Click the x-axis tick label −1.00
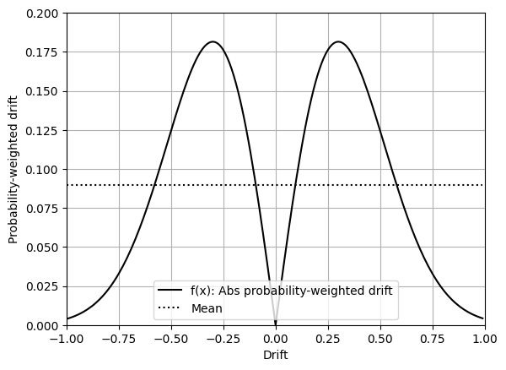pyautogui.click(x=67, y=339)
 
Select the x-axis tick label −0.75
pyautogui.click(x=119, y=339)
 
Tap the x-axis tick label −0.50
pyautogui.click(x=171, y=339)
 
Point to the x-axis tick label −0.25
pyautogui.click(x=223, y=339)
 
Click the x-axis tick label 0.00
pyautogui.click(x=276, y=339)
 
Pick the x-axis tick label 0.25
pyautogui.click(x=328, y=339)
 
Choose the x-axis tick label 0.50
pyautogui.click(x=380, y=339)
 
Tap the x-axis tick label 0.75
pyautogui.click(x=433, y=339)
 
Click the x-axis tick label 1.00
pyautogui.click(x=485, y=339)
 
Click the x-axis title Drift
pyautogui.click(x=276, y=356)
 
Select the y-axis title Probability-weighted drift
pyautogui.click(x=13, y=169)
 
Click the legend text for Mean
pyautogui.click(x=207, y=308)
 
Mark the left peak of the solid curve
pyautogui.click(x=213, y=41)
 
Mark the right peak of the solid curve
pyautogui.click(x=338, y=41)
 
